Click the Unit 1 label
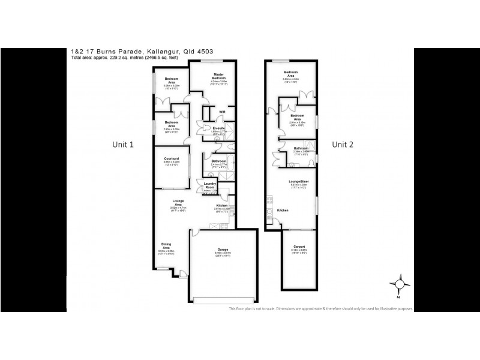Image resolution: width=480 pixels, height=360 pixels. [x=123, y=145]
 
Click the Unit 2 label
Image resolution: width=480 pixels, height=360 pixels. [x=344, y=144]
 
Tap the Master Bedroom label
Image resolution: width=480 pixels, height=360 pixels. [x=218, y=77]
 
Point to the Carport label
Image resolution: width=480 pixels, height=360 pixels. [x=299, y=247]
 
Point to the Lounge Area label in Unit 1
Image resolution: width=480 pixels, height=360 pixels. [x=178, y=203]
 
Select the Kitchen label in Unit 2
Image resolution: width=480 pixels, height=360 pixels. [x=283, y=211]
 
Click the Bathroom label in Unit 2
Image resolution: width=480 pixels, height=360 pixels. [x=301, y=148]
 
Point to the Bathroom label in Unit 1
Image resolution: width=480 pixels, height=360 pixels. [x=218, y=161]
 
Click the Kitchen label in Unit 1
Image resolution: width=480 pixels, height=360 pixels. [x=222, y=206]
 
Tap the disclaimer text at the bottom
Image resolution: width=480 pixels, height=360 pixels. [x=320, y=308]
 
